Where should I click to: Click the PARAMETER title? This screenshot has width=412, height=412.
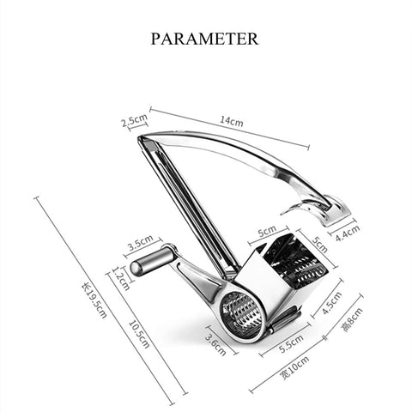click(204, 39)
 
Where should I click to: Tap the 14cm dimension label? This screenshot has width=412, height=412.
click(232, 121)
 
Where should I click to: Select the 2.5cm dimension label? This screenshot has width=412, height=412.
click(135, 120)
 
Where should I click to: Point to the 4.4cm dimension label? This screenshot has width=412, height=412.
click(348, 233)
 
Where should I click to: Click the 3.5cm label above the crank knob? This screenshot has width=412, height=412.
click(140, 243)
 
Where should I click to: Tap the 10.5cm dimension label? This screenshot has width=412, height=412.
click(139, 334)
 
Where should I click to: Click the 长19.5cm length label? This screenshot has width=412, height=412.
click(94, 300)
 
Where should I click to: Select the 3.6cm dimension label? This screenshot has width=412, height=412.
click(215, 344)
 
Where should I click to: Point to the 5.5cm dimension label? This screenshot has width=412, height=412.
click(291, 343)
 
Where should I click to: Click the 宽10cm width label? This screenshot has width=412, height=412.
click(295, 367)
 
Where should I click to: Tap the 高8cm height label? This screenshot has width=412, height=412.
click(353, 319)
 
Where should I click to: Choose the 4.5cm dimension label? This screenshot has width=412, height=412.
click(332, 303)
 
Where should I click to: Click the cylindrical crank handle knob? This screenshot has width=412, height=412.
click(151, 261)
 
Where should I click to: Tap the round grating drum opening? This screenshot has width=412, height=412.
click(242, 314)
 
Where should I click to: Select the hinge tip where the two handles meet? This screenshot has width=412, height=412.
click(140, 138)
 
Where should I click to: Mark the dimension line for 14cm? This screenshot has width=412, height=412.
click(229, 128)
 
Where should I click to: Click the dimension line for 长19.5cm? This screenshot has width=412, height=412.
click(104, 300)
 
